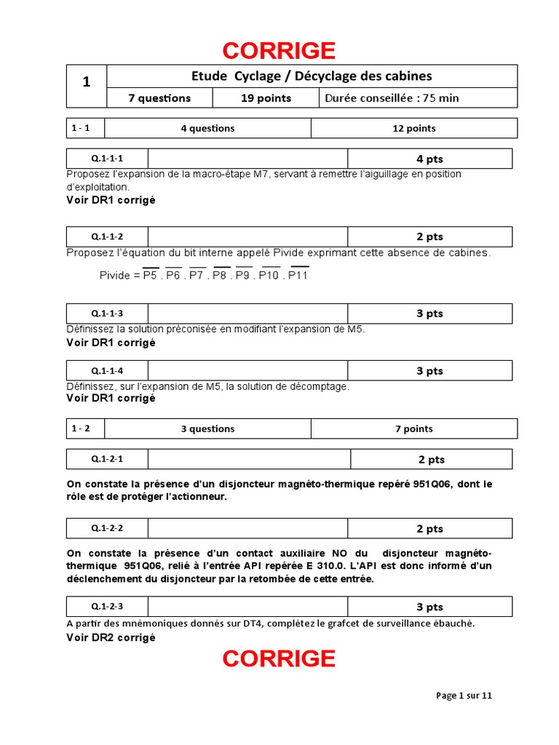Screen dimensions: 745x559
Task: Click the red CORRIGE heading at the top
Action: [279, 51]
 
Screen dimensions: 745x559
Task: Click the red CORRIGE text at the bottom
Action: [279, 658]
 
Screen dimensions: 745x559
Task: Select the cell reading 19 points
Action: [265, 98]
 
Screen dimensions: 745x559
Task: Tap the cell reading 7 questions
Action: [159, 98]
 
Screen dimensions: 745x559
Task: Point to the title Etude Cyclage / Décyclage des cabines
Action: [312, 76]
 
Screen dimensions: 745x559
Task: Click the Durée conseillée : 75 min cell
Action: [392, 98]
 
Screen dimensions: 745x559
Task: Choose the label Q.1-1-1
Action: [107, 159]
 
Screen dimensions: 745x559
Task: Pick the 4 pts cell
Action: [429, 159]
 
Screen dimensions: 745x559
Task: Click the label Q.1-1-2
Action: [107, 236]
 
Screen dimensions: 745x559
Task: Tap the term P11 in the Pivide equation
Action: [298, 276]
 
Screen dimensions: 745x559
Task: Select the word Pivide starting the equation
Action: [115, 276]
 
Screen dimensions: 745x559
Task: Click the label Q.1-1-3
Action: [107, 314]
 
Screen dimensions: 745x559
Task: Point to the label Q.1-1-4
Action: [107, 370]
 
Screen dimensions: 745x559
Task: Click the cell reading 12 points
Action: [413, 128]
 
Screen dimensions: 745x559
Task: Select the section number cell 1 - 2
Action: [81, 429]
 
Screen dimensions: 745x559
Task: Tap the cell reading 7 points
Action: [413, 429]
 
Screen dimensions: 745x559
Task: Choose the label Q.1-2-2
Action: [107, 528]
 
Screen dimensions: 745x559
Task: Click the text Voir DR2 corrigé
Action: [111, 637]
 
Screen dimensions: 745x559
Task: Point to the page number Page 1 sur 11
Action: [464, 696]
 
